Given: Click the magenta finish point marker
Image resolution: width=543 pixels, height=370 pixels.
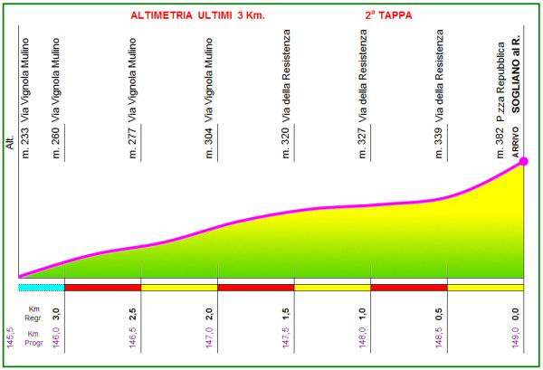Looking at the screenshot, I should coord(523,161).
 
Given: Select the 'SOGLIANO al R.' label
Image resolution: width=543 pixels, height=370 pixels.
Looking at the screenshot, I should coord(515,101).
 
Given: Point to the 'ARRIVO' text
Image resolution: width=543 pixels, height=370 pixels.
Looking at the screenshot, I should coord(516,157).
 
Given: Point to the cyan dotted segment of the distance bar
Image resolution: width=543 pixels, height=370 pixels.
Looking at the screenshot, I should coord(41,288).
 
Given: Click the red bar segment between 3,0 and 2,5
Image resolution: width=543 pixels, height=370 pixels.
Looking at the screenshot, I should coord(102,288).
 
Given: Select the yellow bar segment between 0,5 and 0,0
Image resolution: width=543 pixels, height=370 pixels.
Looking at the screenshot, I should coord(486,288).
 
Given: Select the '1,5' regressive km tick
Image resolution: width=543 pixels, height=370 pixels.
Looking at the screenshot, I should coord(286,314).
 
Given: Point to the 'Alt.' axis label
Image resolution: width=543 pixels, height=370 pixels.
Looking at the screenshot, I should coord(11,145).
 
